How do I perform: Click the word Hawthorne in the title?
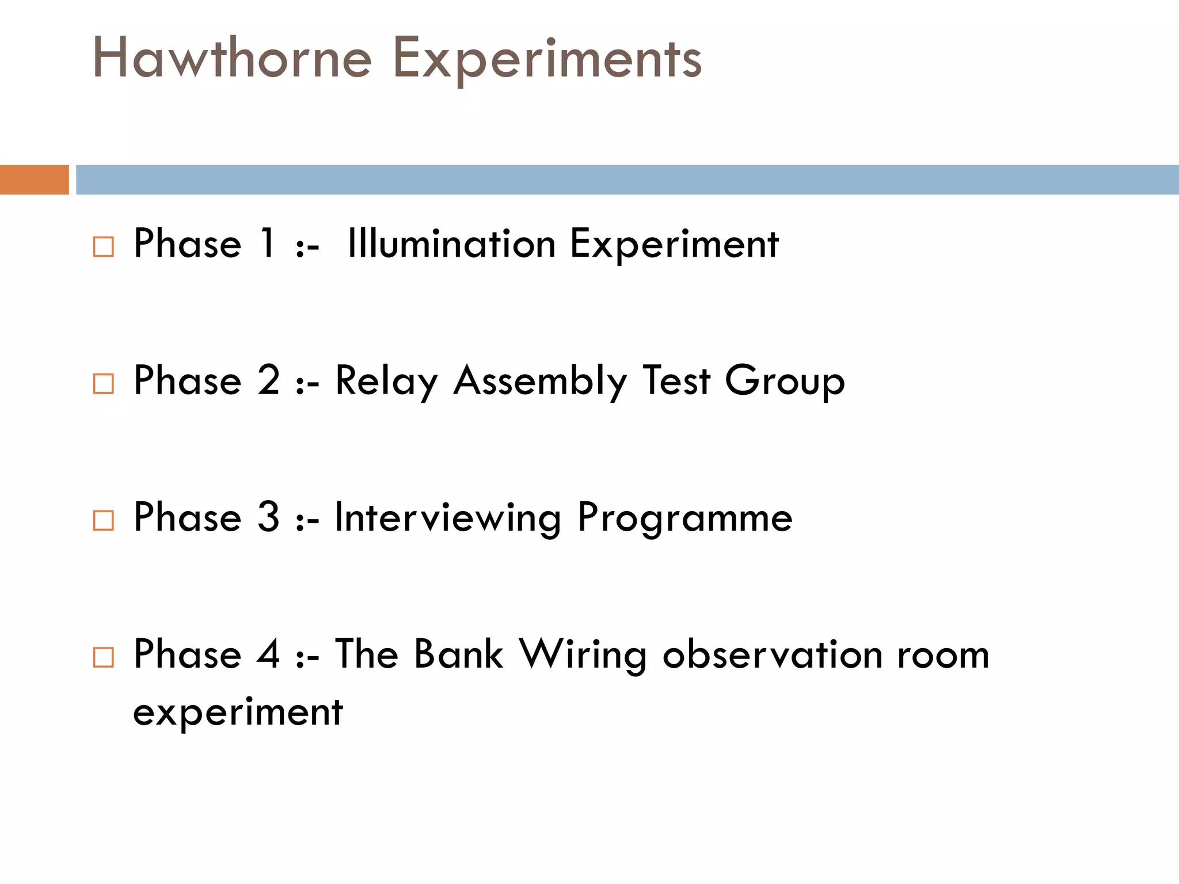[232, 58]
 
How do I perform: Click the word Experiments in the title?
[547, 60]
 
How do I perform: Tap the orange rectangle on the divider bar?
[34, 180]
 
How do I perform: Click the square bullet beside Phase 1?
[104, 246]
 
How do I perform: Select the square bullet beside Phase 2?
[104, 383]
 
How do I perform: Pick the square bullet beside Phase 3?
[104, 520]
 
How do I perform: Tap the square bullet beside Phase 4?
[104, 657]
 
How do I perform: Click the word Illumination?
[451, 244]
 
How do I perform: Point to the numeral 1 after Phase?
[268, 243]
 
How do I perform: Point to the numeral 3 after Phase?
[268, 517]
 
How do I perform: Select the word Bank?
[459, 654]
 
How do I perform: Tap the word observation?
[773, 654]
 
